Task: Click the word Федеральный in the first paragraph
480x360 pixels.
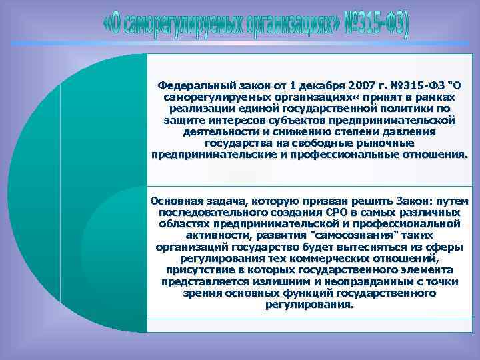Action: point(189,85)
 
